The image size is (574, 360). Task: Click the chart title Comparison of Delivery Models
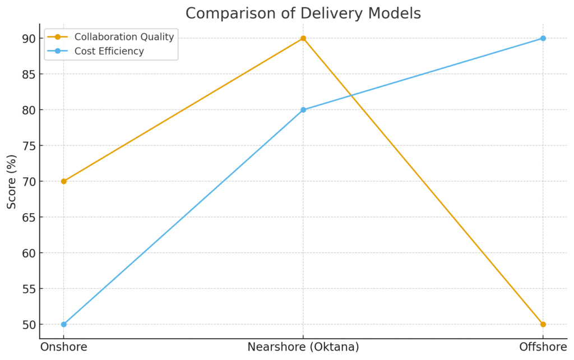pos(303,13)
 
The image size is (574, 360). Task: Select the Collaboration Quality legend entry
pos(124,37)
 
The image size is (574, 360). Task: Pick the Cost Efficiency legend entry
pos(109,52)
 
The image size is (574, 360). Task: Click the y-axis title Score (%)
pos(12,181)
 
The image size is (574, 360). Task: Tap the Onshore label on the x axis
pos(63,347)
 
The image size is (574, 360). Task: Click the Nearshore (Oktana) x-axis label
pos(303,347)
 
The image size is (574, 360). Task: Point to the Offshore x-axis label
pos(543,347)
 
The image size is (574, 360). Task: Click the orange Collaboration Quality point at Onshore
pos(63,181)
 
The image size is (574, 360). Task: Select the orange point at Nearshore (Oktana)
pos(303,38)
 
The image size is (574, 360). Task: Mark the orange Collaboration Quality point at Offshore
pos(543,324)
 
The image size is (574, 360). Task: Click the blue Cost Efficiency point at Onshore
pos(63,324)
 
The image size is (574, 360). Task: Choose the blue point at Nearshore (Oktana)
pos(303,110)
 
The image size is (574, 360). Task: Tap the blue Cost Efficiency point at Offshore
pos(543,38)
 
